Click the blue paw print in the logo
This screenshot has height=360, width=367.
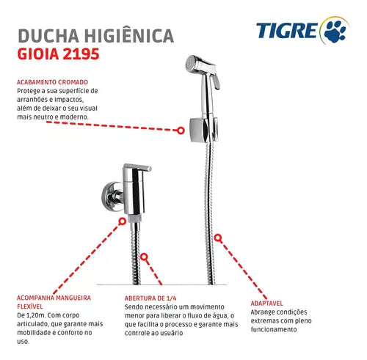click(335, 31)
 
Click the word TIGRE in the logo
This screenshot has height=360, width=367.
click(287, 30)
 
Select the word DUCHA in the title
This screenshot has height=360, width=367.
click(48, 36)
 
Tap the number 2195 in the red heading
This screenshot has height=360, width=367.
click(81, 54)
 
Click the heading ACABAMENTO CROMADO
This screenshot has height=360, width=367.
click(52, 82)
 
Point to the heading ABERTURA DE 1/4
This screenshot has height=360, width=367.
click(150, 298)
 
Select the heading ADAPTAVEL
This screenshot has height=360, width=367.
click(266, 304)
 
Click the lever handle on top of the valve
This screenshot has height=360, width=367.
click(137, 167)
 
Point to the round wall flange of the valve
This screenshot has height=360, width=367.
click(109, 196)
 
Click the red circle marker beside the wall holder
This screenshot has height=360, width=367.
click(181, 131)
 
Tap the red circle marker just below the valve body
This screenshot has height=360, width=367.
click(123, 221)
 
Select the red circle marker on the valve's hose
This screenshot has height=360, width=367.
click(144, 257)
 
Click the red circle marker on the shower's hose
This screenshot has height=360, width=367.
click(218, 238)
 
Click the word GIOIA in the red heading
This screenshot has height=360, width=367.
click(38, 54)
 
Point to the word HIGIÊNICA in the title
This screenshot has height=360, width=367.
click(129, 35)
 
